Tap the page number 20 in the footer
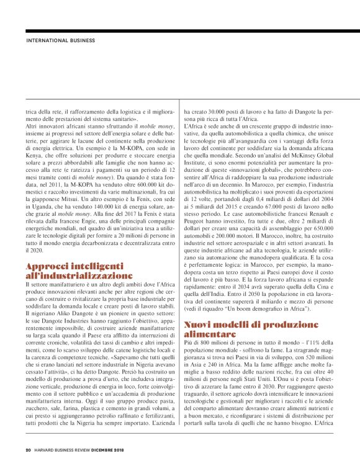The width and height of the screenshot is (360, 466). pyautogui.click(x=28, y=449)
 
